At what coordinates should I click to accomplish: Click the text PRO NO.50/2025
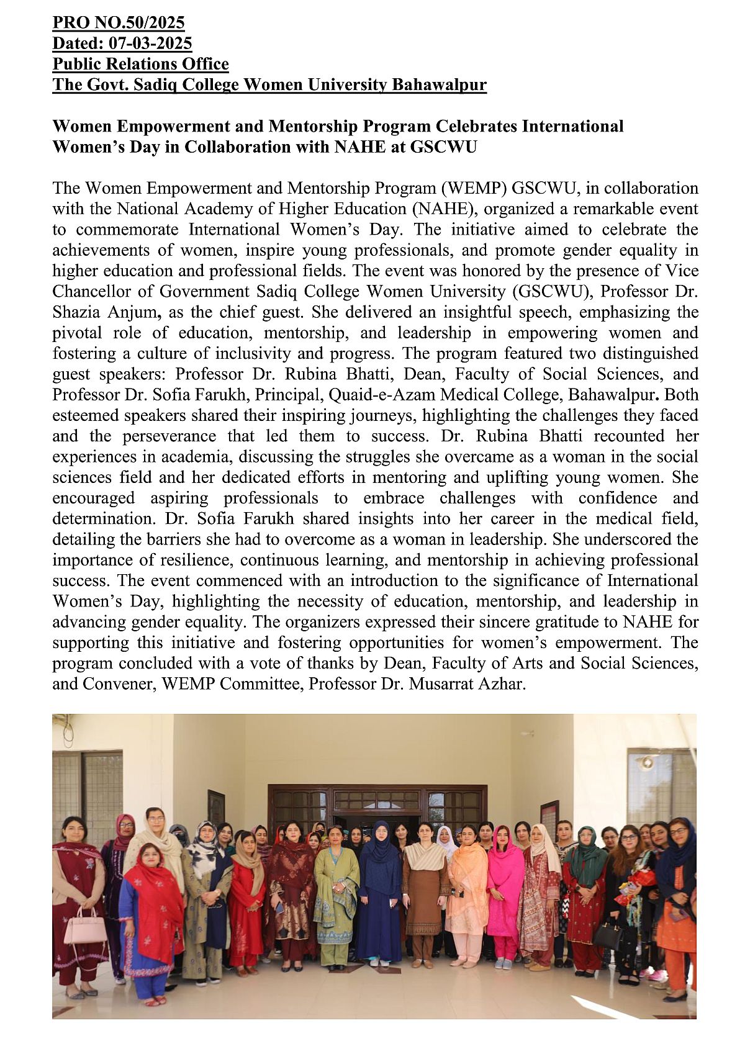(118, 23)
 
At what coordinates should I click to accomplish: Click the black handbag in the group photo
(607, 934)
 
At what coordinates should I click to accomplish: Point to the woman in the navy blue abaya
(379, 894)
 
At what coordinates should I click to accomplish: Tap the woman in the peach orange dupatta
(467, 888)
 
